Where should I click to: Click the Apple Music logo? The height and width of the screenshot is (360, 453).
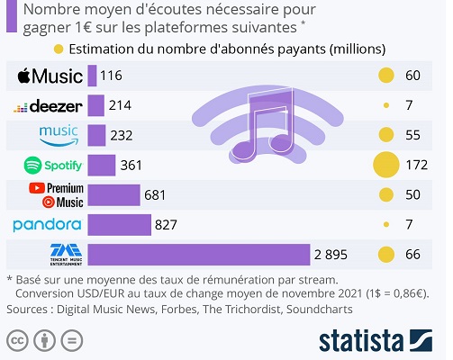click(50, 76)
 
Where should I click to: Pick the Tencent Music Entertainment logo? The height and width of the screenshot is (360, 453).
click(50, 255)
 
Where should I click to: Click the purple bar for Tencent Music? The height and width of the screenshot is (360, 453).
click(198, 255)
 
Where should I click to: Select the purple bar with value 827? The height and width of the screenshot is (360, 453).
click(119, 225)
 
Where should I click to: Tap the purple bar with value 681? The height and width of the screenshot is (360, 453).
click(113, 195)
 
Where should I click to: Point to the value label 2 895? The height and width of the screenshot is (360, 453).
click(331, 255)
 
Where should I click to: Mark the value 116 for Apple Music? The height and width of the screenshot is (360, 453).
click(113, 76)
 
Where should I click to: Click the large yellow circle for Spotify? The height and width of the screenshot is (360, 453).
click(385, 166)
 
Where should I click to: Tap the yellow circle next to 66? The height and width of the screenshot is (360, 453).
click(385, 255)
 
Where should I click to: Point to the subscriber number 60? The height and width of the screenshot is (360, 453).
click(413, 76)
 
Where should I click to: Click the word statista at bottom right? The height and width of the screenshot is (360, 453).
click(359, 340)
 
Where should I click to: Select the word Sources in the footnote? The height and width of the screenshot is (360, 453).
click(30, 309)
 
